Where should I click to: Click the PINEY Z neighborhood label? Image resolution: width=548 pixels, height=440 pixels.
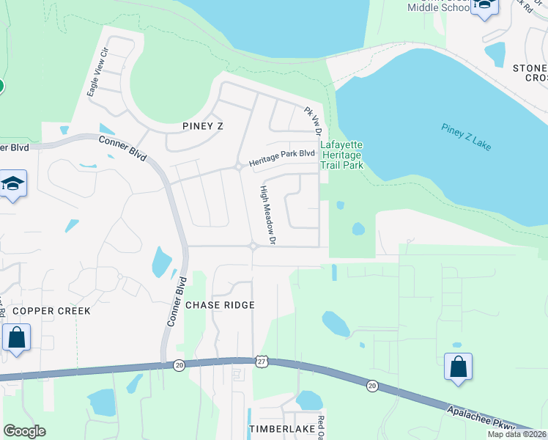[x=202, y=126]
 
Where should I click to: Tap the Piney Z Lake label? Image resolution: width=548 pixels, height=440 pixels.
[x=466, y=136]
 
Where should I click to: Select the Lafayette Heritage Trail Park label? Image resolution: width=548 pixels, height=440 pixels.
[x=342, y=155]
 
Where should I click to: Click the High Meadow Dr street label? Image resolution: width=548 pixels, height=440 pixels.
[x=267, y=214]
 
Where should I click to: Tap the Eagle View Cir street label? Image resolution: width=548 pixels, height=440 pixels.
[x=97, y=72]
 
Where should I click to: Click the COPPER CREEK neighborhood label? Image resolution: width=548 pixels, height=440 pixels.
[x=51, y=311]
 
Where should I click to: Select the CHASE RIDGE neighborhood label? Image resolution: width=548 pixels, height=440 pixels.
[x=220, y=304]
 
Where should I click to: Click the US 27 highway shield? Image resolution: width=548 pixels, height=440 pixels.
[x=262, y=362]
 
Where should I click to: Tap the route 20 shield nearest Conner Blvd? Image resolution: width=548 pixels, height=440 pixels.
[x=179, y=364]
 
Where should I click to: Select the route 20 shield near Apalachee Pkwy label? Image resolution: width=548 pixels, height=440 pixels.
[x=372, y=386]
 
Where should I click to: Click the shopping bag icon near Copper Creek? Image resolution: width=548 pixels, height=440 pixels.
[x=16, y=339]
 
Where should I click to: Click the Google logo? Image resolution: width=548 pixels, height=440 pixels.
[x=25, y=431]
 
